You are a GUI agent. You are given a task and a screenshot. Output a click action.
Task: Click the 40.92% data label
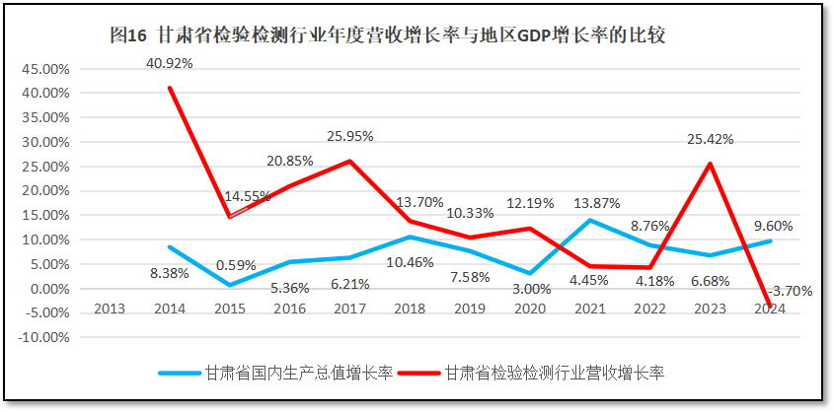tap(169, 62)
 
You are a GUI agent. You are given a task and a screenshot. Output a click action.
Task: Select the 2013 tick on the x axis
tap(109, 308)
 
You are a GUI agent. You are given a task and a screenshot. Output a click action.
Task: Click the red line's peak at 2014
tap(170, 88)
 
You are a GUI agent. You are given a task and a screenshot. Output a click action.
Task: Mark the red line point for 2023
tap(711, 164)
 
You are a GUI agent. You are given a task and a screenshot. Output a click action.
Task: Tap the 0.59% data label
tap(232, 265)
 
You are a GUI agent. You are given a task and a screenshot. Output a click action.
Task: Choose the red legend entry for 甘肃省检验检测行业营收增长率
tap(554, 373)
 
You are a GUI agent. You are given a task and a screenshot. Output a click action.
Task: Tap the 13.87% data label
tap(597, 203)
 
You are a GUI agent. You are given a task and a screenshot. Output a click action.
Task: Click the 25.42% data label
tap(711, 139)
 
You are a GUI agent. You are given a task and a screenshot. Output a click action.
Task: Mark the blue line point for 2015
tap(231, 286)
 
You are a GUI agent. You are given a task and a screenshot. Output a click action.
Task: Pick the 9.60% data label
tap(773, 225)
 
